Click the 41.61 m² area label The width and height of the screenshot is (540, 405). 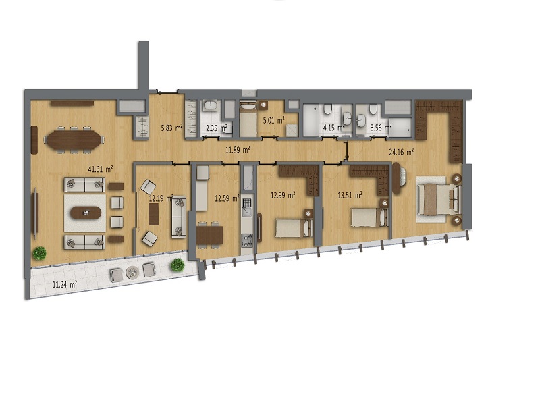(101, 169)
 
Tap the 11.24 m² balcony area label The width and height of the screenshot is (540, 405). (64, 284)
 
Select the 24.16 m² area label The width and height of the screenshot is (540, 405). (402, 152)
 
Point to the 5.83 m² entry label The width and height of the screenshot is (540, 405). (172, 128)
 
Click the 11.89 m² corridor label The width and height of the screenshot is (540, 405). (238, 150)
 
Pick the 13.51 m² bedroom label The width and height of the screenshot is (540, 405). (350, 196)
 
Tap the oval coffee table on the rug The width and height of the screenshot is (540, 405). (86, 213)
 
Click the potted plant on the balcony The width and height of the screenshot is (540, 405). (178, 265)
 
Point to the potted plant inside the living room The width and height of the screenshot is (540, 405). (39, 253)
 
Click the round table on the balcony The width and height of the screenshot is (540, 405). (132, 273)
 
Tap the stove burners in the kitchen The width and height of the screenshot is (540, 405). (247, 240)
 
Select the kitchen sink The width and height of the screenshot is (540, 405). (247, 205)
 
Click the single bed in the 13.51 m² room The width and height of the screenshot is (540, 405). (370, 217)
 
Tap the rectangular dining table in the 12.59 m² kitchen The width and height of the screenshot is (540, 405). (210, 235)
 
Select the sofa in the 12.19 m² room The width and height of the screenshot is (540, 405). (179, 217)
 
